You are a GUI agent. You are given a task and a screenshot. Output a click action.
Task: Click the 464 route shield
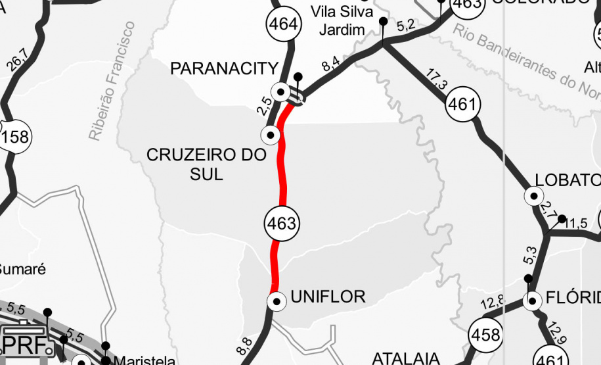point(283,25)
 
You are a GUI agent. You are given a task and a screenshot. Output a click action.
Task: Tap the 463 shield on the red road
point(282,223)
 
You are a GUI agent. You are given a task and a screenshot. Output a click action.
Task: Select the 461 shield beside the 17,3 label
point(463,104)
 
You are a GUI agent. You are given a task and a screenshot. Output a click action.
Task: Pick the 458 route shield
point(485,335)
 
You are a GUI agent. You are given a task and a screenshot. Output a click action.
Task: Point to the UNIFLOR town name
point(327,297)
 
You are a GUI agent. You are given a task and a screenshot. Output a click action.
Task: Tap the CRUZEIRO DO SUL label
point(206,164)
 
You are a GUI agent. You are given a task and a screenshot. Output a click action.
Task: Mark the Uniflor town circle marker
point(277,301)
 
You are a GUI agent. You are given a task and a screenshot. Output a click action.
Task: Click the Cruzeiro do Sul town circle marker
point(270,135)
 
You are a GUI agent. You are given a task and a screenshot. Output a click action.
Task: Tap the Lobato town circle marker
point(533,196)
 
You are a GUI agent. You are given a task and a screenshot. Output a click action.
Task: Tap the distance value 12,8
point(492,303)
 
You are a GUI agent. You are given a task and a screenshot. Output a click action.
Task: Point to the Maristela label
point(145,360)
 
